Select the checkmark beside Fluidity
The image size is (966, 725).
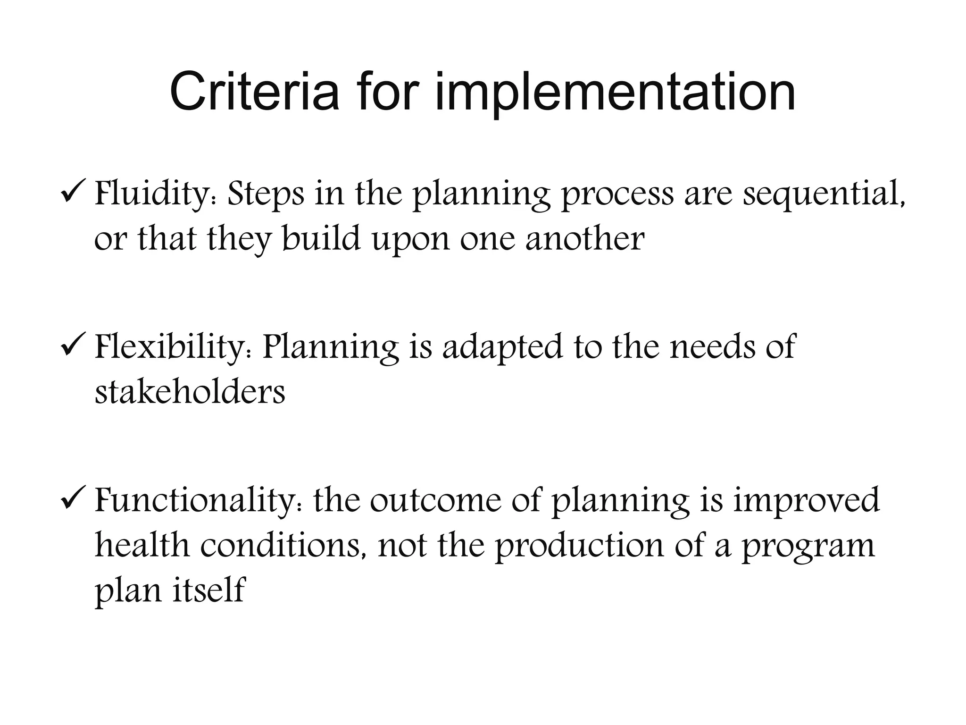tap(73, 193)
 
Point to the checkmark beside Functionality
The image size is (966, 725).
tap(73, 500)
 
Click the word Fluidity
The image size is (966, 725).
tap(155, 194)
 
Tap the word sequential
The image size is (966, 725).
tap(824, 194)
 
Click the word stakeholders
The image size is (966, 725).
tap(190, 392)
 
